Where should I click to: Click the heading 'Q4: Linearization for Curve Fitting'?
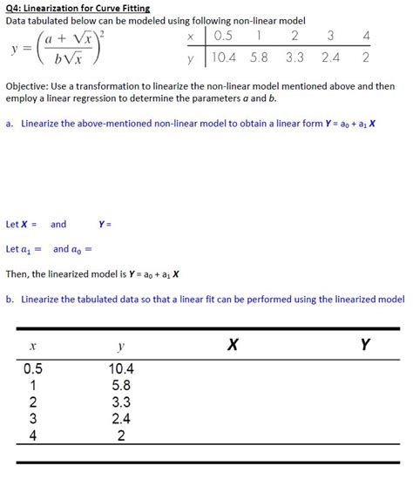pos(78,8)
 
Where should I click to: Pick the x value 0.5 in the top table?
pos(223,36)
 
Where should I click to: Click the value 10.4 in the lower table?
pos(121,368)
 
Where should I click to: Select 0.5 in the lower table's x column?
pos(33,368)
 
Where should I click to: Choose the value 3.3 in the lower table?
pos(121,401)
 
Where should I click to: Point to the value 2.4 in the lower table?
pos(121,418)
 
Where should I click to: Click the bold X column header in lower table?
pos(232,346)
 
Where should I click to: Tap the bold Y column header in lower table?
pos(364,346)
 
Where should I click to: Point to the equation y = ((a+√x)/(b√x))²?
pos(61,49)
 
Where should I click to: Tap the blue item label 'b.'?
pos(9,299)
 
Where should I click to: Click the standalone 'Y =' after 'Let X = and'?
pos(105,224)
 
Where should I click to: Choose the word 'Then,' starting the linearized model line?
pos(19,273)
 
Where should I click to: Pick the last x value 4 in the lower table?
pos(33,435)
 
